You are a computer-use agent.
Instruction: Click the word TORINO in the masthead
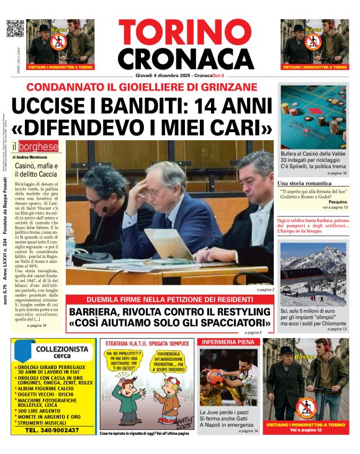coord(179,33)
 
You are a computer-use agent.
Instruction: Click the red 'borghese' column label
coord(40,147)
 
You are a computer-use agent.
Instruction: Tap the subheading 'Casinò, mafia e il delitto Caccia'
coord(36,171)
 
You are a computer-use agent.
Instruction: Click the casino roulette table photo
coord(313,116)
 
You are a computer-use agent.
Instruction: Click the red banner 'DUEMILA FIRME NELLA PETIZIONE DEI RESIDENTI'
coord(170,298)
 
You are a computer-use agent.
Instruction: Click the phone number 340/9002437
coord(60,430)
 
